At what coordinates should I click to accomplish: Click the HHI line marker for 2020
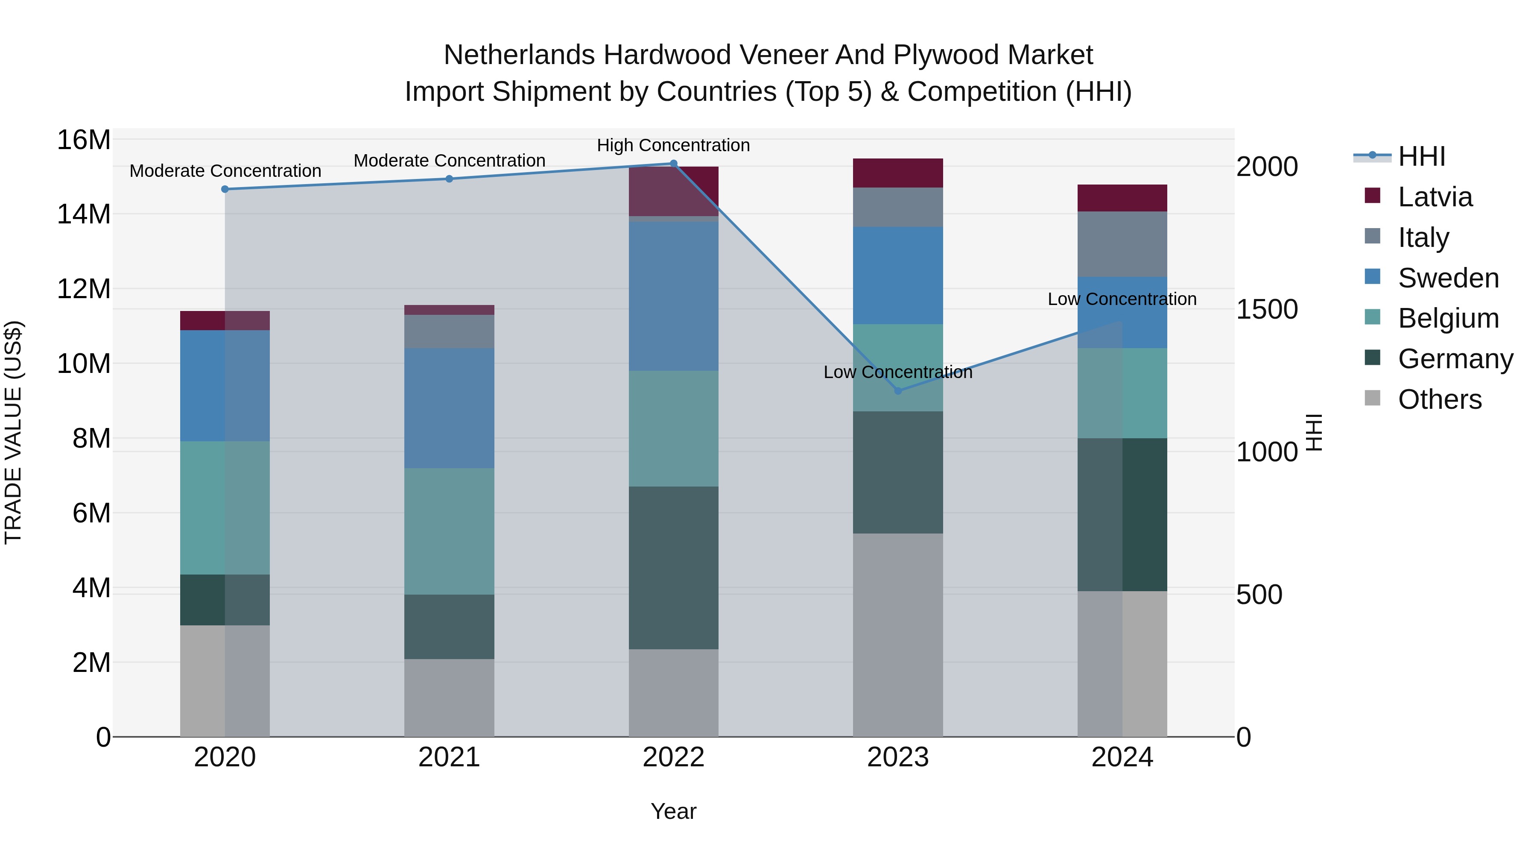coord(225,189)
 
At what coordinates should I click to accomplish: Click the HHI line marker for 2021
coord(449,179)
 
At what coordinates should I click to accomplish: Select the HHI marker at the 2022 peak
coord(674,164)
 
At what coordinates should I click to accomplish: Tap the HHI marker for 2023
coord(898,391)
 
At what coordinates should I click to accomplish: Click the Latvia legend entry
coord(1435,197)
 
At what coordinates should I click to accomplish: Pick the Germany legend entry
coord(1455,359)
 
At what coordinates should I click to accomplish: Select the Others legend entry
coord(1439,399)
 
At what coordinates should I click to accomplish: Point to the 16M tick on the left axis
coord(84,140)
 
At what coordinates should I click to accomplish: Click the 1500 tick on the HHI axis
coord(1266,309)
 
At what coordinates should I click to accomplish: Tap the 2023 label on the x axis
coord(898,757)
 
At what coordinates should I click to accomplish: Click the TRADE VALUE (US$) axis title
coord(13,432)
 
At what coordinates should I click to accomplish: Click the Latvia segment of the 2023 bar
coord(898,173)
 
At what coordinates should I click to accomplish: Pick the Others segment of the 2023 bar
coord(898,635)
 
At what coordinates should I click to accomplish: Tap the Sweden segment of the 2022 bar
coord(674,296)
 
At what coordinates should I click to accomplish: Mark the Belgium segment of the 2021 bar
coord(449,531)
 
